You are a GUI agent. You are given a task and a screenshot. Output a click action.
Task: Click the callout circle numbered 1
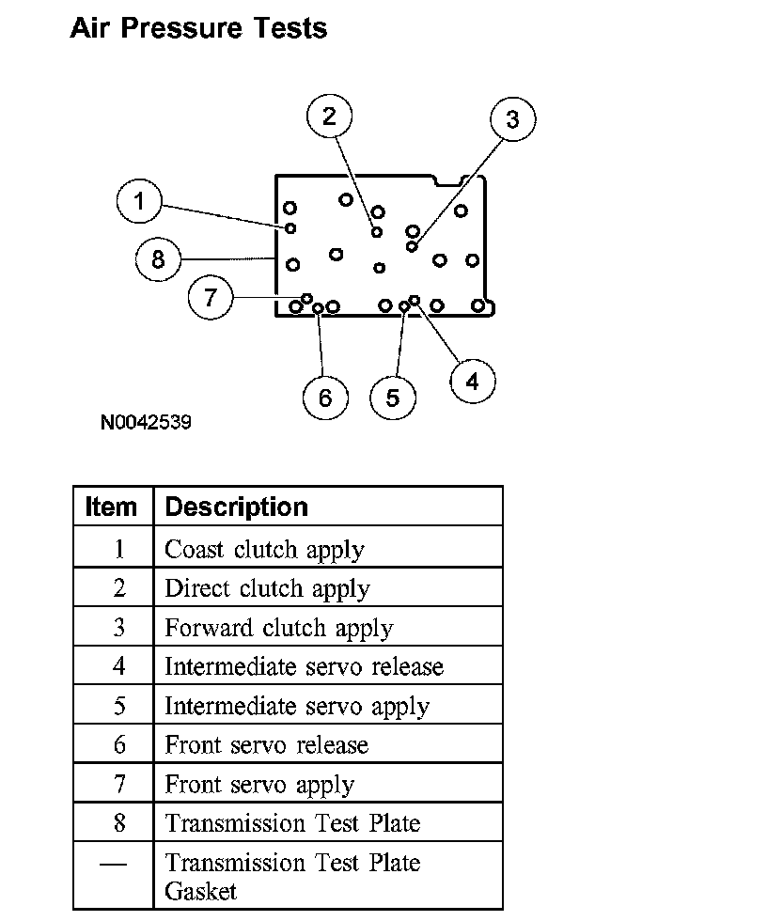click(x=140, y=200)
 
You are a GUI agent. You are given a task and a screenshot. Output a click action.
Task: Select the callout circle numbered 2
click(x=329, y=116)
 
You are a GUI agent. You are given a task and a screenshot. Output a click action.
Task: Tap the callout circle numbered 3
click(x=512, y=119)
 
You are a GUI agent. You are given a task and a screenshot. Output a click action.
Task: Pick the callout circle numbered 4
click(x=472, y=381)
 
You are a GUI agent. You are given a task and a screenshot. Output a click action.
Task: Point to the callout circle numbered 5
click(x=393, y=397)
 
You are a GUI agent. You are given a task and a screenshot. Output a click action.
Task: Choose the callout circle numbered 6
click(x=325, y=397)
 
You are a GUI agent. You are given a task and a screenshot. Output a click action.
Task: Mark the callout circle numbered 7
click(x=211, y=298)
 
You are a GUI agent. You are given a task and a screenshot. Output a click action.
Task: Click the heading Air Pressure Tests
click(x=198, y=28)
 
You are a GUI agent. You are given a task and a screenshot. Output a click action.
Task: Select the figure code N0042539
click(x=146, y=422)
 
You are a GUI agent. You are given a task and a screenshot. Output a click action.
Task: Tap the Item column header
click(x=111, y=507)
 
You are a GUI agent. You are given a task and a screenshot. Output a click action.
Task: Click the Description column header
click(x=237, y=507)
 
